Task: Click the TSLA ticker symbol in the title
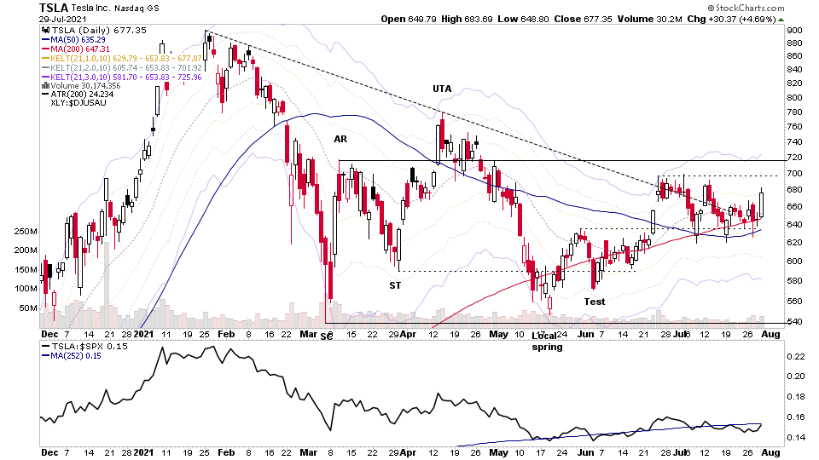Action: pos(55,7)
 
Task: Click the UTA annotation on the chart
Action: pos(442,89)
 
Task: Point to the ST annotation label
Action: pos(395,285)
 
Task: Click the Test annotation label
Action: pos(595,302)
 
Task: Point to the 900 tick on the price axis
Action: pos(793,31)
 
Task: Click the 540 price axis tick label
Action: pos(793,321)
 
